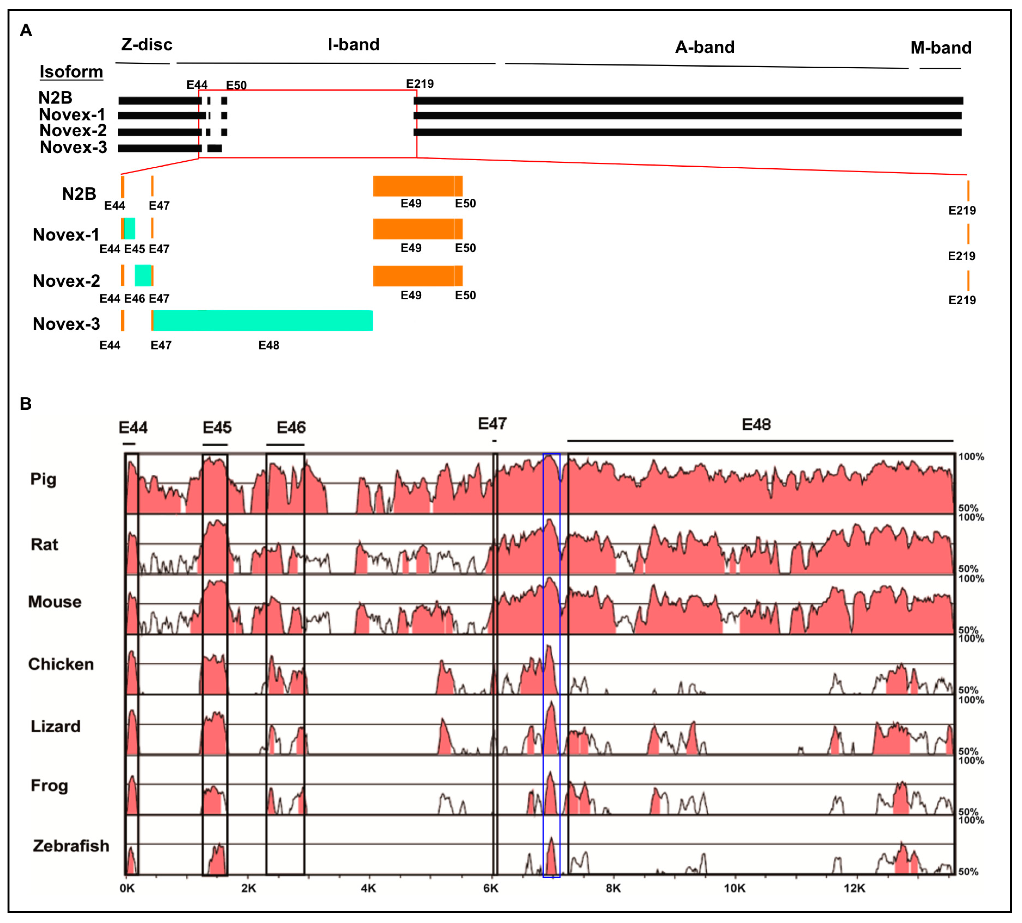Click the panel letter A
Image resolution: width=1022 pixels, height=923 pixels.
coord(26,30)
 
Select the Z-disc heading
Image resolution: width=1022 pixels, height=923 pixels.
coord(147,45)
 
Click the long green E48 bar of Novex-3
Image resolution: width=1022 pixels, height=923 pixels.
coord(263,320)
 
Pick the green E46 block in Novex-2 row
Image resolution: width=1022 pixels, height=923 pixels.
coord(143,275)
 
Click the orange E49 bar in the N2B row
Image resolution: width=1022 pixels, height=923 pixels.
coord(413,186)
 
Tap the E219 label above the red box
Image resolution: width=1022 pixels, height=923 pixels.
coord(420,84)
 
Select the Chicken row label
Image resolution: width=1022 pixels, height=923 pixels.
coord(61,664)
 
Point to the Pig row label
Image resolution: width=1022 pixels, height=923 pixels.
coord(43,479)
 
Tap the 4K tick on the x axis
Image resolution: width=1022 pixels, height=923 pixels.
coord(369,888)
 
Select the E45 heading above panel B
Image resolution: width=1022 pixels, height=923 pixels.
coord(217,427)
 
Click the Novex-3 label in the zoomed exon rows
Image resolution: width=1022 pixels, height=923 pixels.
coord(66,324)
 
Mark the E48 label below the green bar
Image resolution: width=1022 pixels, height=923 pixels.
coord(269,345)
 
